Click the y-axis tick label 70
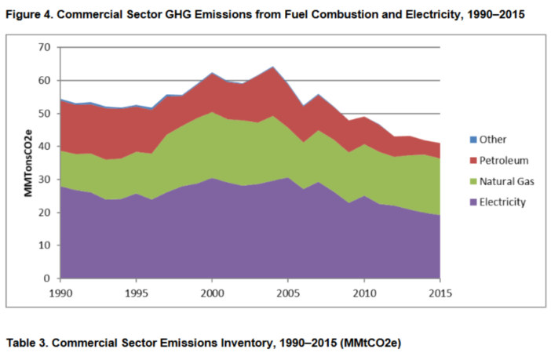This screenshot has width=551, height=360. (x=45, y=48)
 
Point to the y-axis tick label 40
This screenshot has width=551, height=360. (x=45, y=147)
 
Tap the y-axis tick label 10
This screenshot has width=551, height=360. (x=45, y=245)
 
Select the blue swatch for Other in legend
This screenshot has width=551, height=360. (x=462, y=140)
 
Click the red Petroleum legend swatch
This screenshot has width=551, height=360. (x=462, y=160)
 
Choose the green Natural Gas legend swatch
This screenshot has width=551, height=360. (x=462, y=181)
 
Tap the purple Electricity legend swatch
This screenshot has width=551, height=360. (x=462, y=202)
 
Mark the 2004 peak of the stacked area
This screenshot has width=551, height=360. (x=272, y=67)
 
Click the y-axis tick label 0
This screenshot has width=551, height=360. (x=48, y=278)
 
